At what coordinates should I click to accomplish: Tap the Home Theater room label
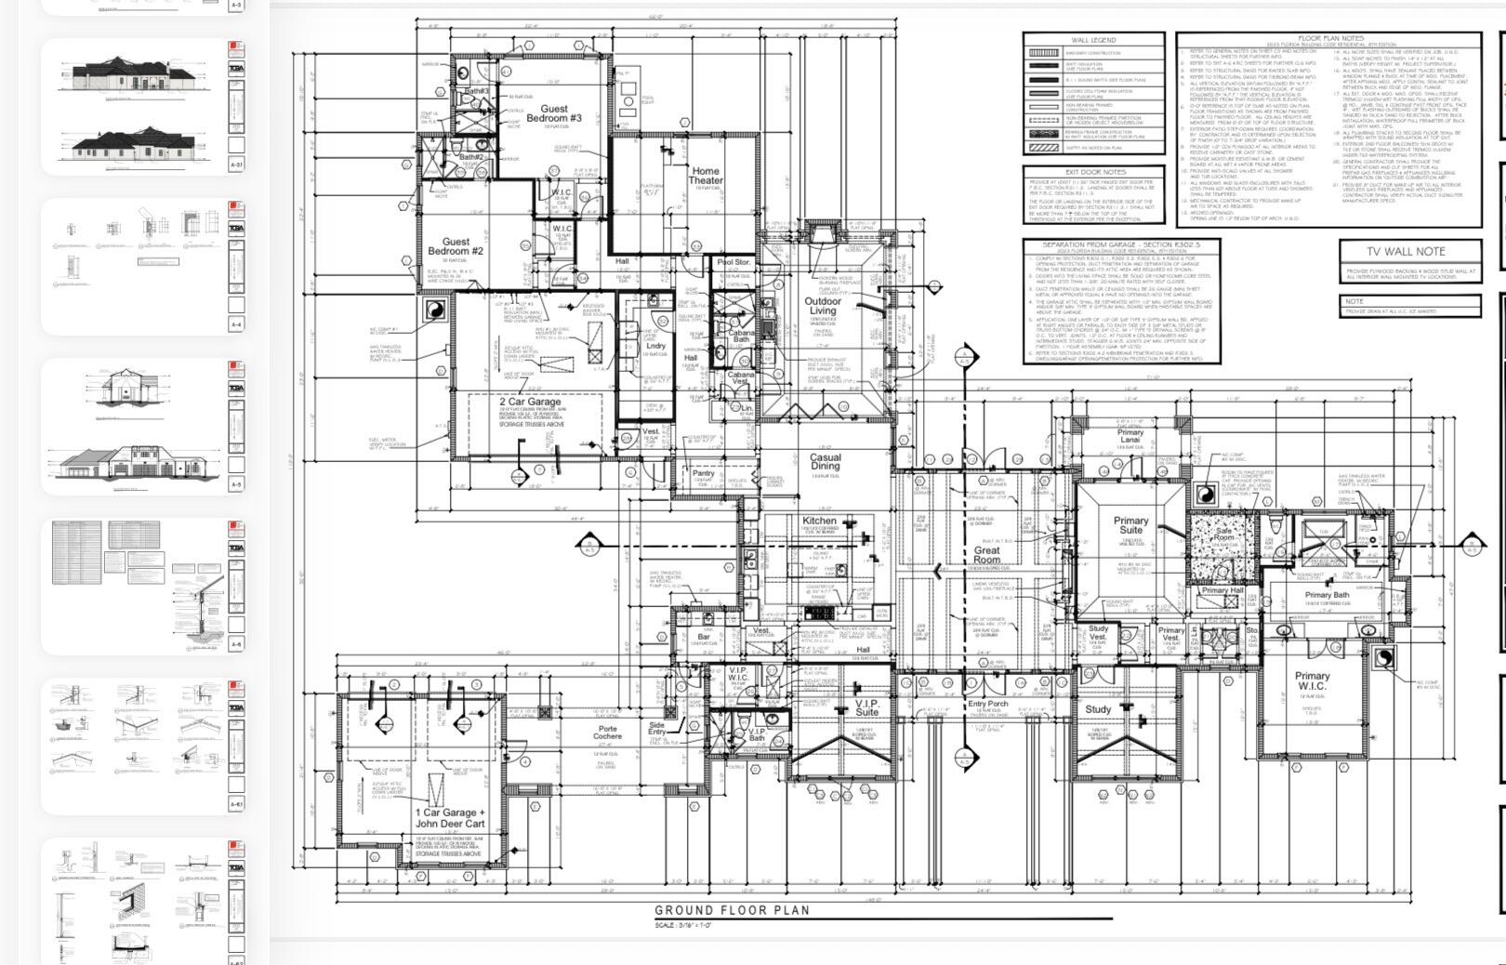point(705,176)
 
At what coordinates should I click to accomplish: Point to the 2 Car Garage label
point(530,403)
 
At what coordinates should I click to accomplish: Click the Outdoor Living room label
point(823,307)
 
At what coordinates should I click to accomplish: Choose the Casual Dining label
point(825,462)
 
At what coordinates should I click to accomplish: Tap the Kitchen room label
point(819,521)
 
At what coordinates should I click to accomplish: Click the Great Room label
point(986,556)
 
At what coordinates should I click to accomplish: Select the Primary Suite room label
point(1130,525)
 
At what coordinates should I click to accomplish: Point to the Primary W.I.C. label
point(1312,681)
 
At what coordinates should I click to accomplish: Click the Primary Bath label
point(1327,595)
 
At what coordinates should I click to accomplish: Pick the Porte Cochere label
point(608,733)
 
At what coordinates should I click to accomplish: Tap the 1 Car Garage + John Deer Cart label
point(450,818)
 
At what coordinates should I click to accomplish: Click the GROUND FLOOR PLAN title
point(732,911)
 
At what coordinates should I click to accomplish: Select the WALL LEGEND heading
point(1093,40)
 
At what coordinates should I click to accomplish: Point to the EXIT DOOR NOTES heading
point(1094,172)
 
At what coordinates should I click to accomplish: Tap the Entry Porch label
point(987,704)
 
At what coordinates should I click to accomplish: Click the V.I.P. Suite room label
point(866,708)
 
